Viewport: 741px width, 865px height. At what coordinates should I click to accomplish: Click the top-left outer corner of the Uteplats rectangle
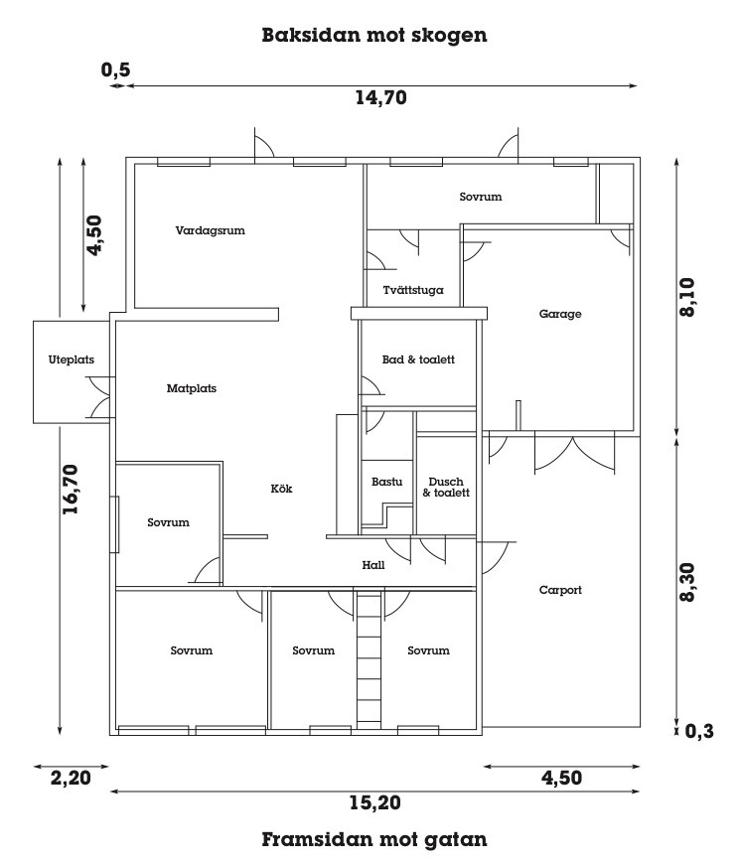[34, 321]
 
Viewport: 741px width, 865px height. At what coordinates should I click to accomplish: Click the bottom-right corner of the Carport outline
[640, 727]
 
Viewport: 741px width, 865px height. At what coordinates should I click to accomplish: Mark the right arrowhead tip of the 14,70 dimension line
[638, 85]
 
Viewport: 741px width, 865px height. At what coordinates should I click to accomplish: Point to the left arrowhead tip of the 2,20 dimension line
[34, 766]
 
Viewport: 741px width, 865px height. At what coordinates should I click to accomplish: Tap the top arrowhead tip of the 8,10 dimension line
[676, 158]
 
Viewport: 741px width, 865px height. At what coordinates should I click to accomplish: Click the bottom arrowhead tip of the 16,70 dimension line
[60, 735]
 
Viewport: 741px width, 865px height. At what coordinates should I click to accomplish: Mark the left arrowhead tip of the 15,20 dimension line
[110, 792]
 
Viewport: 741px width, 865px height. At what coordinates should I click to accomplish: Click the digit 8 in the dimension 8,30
[688, 595]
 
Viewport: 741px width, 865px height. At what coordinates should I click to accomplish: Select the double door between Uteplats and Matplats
[101, 397]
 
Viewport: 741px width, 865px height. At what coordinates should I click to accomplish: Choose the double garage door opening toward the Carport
[574, 454]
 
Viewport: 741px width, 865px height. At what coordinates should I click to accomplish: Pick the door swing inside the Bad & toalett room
[370, 385]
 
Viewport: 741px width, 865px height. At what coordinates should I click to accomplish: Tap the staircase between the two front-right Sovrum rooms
[370, 659]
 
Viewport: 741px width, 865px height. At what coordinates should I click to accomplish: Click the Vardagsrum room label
[211, 230]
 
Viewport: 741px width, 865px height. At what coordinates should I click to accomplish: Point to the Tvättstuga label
[413, 290]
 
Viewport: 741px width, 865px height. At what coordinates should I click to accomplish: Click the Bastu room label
[386, 482]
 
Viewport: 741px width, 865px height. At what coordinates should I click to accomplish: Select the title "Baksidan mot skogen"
[374, 35]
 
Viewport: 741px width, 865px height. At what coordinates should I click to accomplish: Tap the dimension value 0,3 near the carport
[699, 732]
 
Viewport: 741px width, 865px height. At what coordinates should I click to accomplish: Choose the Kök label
[281, 489]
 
